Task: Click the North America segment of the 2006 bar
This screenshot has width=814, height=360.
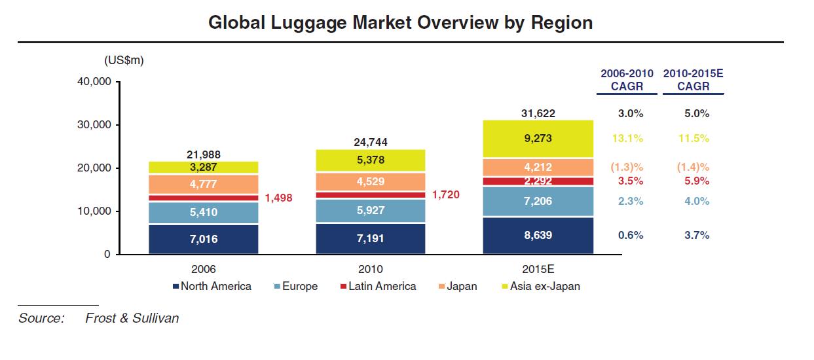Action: [x=204, y=240]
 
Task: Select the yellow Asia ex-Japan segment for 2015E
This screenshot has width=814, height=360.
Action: [x=538, y=139]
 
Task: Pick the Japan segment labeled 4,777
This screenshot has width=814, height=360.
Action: [x=204, y=185]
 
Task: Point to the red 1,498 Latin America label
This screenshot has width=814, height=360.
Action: [x=279, y=198]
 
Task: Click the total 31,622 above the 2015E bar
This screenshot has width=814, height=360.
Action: [x=538, y=113]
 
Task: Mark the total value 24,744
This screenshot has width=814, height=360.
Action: [x=371, y=142]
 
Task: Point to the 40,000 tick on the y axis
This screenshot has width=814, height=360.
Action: [x=94, y=82]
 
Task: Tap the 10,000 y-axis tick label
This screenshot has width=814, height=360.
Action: [x=94, y=211]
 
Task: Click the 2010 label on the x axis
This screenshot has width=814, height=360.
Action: [x=371, y=269]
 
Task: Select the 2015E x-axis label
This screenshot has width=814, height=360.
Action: [x=538, y=269]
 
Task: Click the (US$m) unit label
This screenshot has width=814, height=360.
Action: [x=124, y=60]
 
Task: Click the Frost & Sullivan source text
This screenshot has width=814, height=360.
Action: [x=132, y=318]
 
